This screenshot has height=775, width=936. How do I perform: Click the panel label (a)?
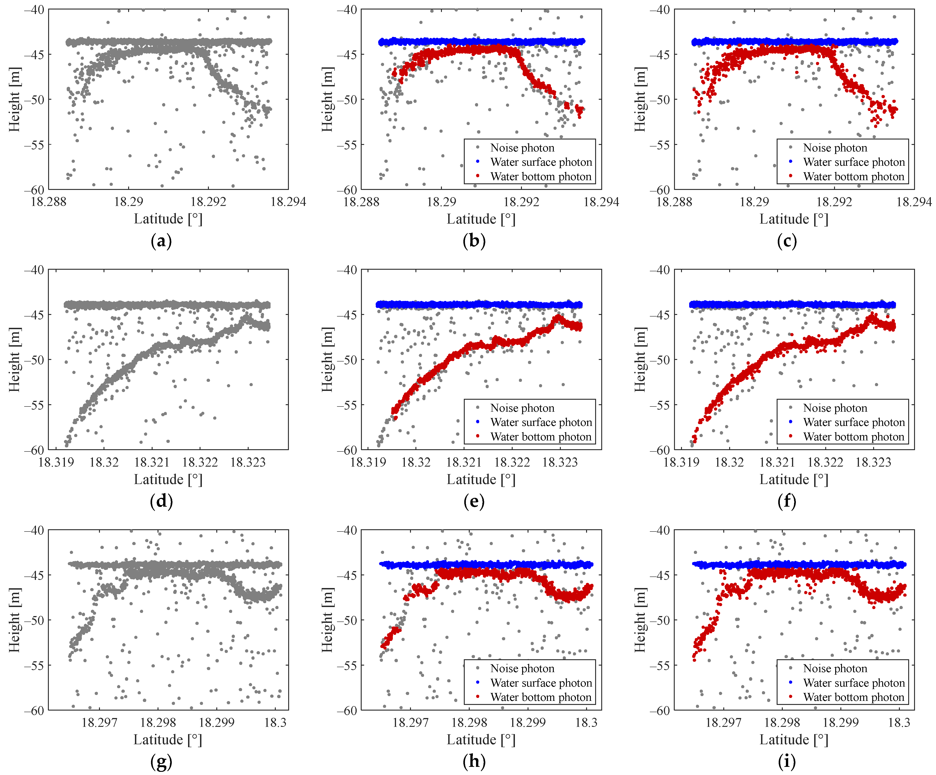pyautogui.click(x=161, y=241)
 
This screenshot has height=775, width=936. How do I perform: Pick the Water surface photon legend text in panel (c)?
pyautogui.click(x=853, y=162)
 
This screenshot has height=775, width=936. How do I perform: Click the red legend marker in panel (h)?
pyautogui.click(x=478, y=697)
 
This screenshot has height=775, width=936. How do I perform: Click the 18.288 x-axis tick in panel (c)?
pyautogui.click(x=674, y=202)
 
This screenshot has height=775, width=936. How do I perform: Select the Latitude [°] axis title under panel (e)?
pyautogui.click(x=481, y=479)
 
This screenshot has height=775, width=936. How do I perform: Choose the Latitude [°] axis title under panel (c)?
pyautogui.click(x=794, y=219)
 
